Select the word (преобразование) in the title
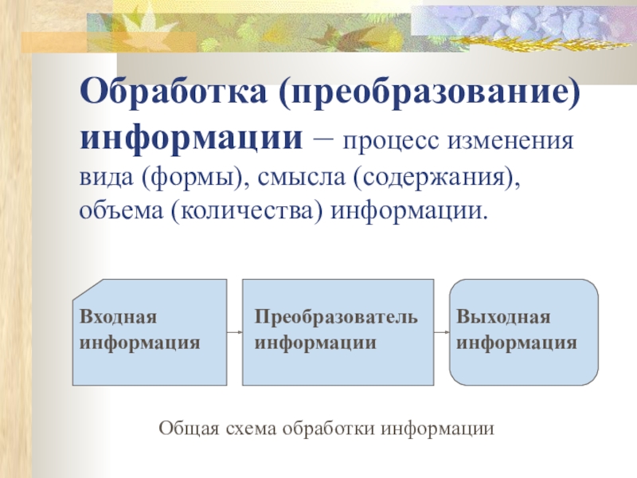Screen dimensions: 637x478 point(430,92)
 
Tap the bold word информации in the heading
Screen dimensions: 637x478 point(191,138)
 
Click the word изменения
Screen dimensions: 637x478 point(510,141)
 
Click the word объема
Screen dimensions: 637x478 point(121,211)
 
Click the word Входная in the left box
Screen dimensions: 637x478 point(118,316)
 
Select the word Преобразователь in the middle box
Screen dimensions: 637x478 point(336,316)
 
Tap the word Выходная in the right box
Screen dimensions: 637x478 point(503,316)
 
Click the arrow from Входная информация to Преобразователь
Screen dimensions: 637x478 point(235,332)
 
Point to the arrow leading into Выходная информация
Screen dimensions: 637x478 point(442,332)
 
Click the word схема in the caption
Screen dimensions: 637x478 point(251,429)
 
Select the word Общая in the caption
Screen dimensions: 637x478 point(189,429)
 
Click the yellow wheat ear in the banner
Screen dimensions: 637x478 point(541,42)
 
